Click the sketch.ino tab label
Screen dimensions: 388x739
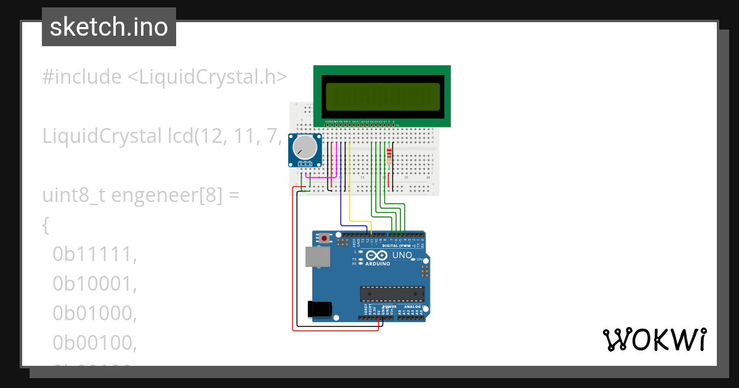coord(109,27)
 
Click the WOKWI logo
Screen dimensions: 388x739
coord(654,340)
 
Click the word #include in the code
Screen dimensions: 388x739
coord(82,77)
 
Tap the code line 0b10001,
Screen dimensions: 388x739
coord(94,284)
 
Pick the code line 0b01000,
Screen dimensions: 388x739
coord(94,313)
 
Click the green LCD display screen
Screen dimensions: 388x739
coord(382,97)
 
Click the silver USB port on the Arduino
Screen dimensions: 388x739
coord(318,257)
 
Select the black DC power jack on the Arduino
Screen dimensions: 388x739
coord(320,309)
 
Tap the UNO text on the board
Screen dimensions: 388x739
coord(402,255)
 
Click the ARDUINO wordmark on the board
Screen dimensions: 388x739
coord(378,264)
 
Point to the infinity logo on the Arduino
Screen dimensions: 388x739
coord(376,255)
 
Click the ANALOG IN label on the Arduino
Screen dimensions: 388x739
coord(412,306)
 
